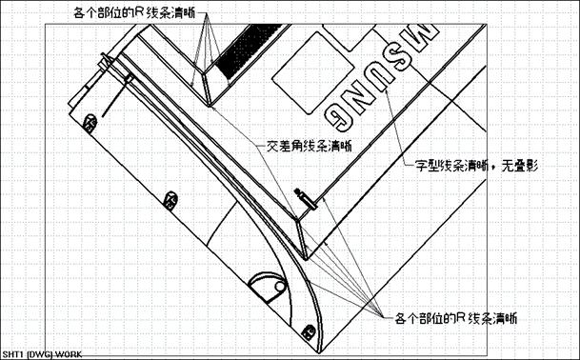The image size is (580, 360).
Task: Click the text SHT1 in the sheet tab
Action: click(x=12, y=354)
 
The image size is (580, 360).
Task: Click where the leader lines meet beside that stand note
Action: click(x=375, y=311)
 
